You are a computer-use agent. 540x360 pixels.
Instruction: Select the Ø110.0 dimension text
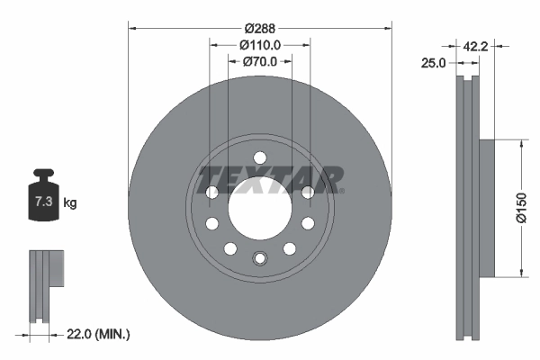[261, 44]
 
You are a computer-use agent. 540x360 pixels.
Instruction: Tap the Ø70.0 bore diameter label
[261, 62]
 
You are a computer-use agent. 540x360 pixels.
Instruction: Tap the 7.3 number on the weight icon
[41, 202]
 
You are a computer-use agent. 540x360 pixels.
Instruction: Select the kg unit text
[70, 203]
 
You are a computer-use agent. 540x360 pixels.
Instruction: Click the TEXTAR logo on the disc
[270, 178]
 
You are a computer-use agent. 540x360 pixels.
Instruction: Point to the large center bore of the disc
[259, 208]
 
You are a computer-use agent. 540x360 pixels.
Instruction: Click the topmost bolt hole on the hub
[259, 157]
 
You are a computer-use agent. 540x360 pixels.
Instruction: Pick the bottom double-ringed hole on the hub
[259, 259]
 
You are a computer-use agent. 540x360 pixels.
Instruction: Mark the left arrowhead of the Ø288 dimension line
[132, 26]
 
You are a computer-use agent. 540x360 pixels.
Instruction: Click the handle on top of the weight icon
[41, 175]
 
